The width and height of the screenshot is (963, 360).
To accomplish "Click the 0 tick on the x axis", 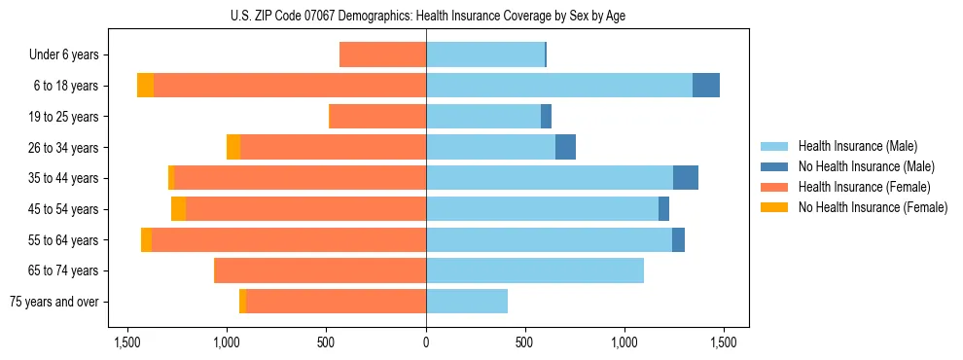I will (x=426, y=342).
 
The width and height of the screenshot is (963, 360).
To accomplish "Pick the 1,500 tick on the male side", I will (x=723, y=342).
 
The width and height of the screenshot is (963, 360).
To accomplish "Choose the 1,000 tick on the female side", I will (x=227, y=342).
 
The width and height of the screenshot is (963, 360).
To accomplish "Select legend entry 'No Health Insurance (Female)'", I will (x=873, y=207).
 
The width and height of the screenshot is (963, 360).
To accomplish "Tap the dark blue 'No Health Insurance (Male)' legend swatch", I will (x=774, y=166).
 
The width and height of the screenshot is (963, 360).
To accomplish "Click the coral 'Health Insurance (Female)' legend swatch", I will (x=774, y=187).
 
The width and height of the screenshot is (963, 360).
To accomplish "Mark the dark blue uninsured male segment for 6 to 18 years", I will (x=706, y=86).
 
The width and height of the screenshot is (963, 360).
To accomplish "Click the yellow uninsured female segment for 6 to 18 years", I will (x=145, y=86).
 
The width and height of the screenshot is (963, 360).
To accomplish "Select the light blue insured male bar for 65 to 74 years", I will (x=535, y=270).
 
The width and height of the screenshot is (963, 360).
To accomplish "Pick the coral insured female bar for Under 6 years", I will (x=382, y=55).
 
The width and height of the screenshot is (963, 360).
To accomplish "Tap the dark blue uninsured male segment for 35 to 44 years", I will (x=686, y=178).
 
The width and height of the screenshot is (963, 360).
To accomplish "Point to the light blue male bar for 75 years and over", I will (x=467, y=302).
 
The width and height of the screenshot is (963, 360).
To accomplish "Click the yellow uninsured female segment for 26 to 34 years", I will (x=233, y=147).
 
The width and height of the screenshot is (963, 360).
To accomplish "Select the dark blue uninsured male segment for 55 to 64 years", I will (x=678, y=239).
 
